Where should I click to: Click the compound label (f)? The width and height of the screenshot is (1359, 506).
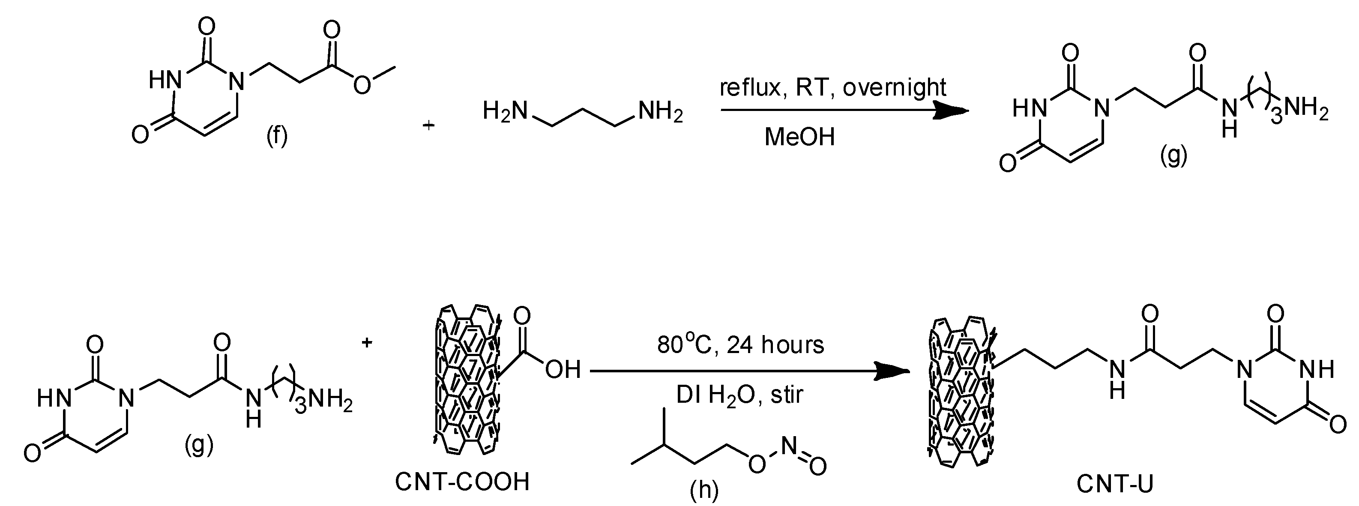[276, 136]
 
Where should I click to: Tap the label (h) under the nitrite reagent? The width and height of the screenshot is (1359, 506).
[704, 491]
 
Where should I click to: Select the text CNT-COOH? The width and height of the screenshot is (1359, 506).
[462, 482]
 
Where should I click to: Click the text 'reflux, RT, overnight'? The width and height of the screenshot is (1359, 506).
[833, 87]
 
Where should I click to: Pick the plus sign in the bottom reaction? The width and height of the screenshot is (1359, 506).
[367, 343]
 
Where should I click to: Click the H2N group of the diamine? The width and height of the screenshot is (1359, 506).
[505, 111]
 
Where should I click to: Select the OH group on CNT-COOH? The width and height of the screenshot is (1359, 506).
[563, 370]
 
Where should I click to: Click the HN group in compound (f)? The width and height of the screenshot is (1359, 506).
[165, 81]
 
